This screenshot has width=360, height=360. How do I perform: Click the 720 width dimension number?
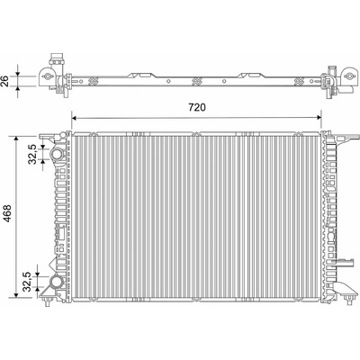[x=197, y=107]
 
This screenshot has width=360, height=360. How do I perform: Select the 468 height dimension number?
[x=7, y=213]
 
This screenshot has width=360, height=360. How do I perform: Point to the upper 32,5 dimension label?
[x=32, y=154]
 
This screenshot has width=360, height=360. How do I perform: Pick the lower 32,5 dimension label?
[x=27, y=282]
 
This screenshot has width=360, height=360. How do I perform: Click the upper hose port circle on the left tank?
[x=56, y=155]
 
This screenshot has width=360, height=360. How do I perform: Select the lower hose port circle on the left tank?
[x=56, y=282]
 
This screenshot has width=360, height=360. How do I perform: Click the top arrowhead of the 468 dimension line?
[x=16, y=139]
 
